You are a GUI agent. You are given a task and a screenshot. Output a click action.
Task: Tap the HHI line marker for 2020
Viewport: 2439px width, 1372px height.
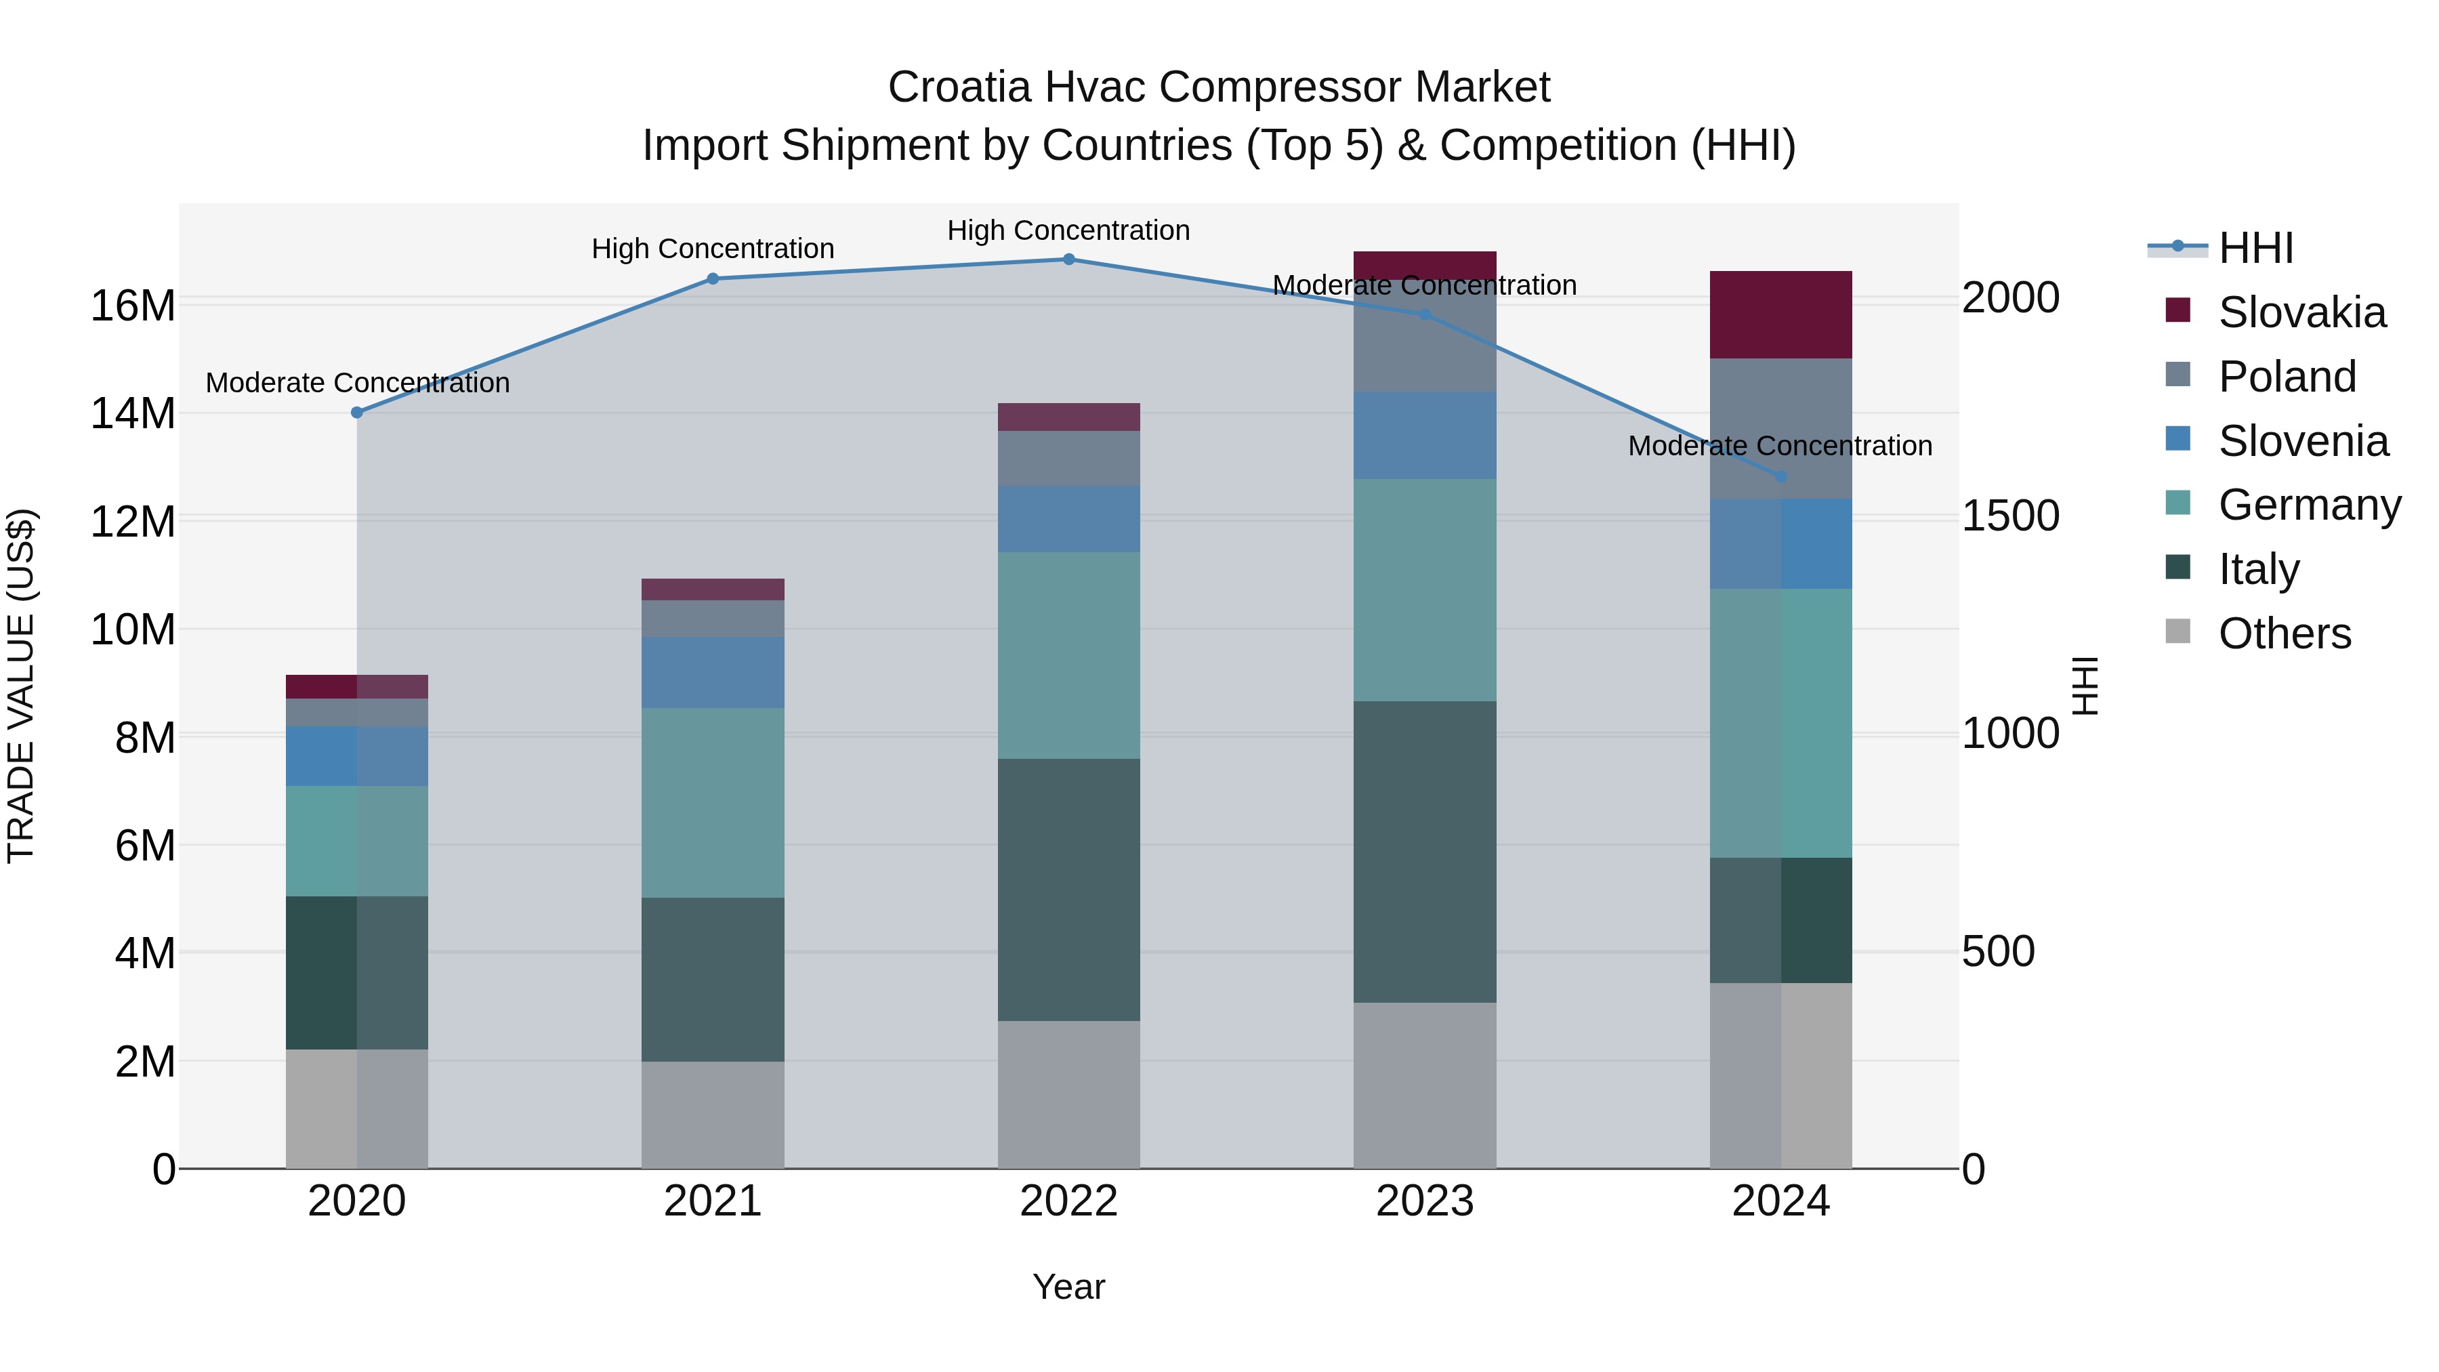click(x=357, y=413)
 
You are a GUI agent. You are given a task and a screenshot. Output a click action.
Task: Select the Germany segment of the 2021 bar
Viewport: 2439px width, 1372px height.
click(x=713, y=802)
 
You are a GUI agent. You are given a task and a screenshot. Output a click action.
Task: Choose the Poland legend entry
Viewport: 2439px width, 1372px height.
click(x=2287, y=377)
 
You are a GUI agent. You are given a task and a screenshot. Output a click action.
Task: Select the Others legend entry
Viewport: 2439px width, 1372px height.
click(x=2284, y=633)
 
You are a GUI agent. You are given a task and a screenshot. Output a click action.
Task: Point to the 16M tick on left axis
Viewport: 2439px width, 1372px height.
click(x=133, y=306)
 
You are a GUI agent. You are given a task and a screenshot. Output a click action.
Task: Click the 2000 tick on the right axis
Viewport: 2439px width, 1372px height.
click(x=2010, y=297)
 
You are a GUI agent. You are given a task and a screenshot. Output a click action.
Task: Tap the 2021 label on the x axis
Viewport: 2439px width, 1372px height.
click(x=713, y=1201)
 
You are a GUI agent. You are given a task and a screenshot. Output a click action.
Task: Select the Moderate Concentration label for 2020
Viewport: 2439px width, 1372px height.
click(x=357, y=383)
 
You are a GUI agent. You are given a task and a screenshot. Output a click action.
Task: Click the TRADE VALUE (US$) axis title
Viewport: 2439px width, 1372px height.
click(x=21, y=686)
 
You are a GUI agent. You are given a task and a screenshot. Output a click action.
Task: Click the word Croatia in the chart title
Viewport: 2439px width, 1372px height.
click(x=958, y=87)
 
